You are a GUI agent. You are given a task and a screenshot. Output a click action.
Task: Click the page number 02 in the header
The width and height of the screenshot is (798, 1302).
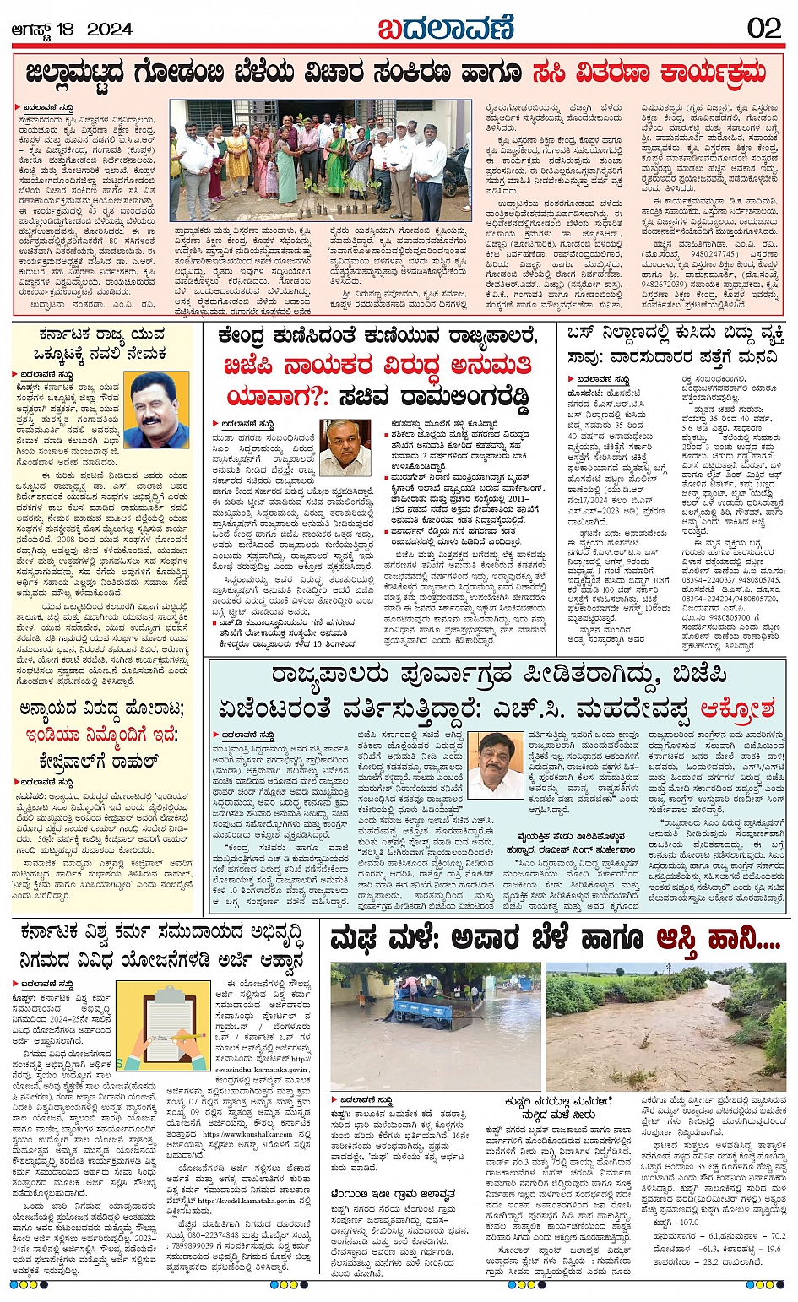click(x=763, y=28)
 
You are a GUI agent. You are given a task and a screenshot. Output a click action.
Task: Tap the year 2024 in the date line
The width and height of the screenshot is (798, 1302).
click(x=110, y=30)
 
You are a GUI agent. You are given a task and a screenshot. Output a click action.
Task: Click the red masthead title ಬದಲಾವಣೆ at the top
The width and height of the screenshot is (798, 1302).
click(x=446, y=28)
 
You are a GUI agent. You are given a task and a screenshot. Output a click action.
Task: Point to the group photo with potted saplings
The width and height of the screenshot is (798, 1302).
click(x=320, y=160)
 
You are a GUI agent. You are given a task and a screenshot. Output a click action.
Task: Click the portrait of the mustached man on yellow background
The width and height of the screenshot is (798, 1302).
click(x=159, y=410)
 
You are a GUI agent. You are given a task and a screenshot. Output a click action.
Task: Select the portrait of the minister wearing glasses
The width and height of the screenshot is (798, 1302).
click(x=345, y=447)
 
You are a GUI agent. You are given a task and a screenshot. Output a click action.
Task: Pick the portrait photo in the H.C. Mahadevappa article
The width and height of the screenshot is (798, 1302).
click(x=497, y=765)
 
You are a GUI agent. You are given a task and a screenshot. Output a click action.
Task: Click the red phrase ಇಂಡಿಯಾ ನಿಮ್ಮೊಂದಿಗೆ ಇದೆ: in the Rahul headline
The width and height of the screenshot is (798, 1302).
click(x=99, y=735)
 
